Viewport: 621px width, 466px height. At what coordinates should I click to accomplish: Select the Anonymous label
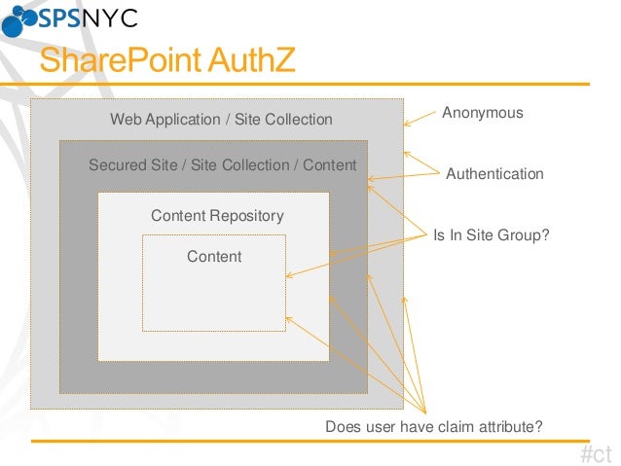click(483, 113)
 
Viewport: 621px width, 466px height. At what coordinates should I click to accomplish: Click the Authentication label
click(494, 174)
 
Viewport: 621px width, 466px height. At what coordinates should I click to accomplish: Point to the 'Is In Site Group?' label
click(492, 234)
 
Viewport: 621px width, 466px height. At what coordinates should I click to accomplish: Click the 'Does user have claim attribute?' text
click(433, 427)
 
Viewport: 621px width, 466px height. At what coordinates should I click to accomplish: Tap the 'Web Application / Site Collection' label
click(221, 120)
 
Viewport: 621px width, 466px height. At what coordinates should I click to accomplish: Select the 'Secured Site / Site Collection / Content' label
click(222, 165)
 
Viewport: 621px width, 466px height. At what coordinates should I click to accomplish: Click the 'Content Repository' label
click(217, 216)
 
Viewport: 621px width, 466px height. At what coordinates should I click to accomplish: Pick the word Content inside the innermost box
click(214, 257)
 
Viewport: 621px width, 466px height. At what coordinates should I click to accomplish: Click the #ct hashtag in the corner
click(595, 453)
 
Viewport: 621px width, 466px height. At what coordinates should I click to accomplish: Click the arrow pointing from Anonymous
click(420, 119)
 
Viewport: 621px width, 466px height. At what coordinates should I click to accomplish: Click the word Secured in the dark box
click(116, 165)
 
